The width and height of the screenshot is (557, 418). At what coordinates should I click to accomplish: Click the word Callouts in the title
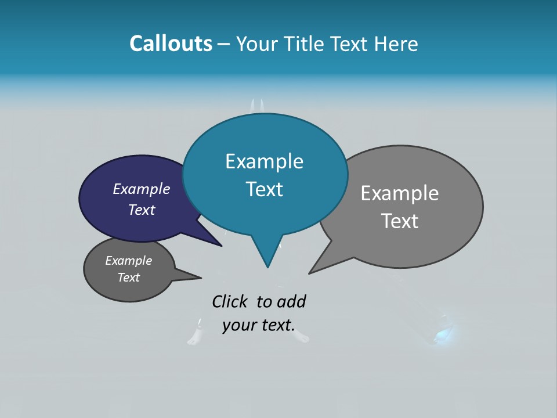(x=171, y=44)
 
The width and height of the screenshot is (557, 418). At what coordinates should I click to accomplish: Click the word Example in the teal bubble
(x=264, y=161)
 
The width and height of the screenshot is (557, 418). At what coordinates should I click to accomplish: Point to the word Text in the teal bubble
(x=264, y=189)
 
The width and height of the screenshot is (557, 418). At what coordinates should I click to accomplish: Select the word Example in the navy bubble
(x=141, y=189)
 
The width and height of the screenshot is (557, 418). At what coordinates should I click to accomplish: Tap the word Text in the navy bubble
(x=141, y=210)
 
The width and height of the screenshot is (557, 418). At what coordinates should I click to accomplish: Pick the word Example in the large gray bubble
(x=400, y=193)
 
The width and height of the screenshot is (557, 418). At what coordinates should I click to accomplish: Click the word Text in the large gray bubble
(x=400, y=221)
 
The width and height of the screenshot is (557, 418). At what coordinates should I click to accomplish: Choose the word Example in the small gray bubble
(x=128, y=261)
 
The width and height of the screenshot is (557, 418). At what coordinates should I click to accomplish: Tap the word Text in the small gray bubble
(x=128, y=278)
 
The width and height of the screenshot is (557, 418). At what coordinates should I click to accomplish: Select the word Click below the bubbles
(x=231, y=301)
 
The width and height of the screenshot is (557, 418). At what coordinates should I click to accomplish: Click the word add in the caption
(x=291, y=301)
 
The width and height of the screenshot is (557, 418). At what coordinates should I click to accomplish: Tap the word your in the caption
(x=240, y=325)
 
